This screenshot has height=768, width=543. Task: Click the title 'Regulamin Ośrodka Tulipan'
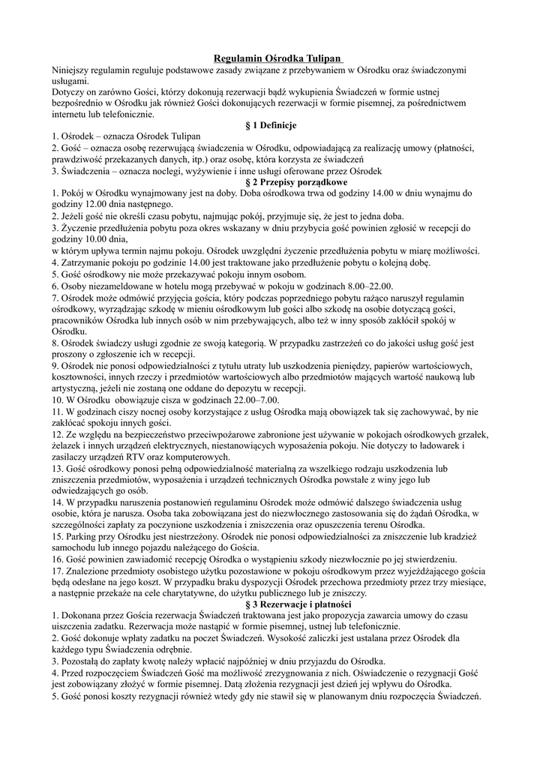click(x=277, y=58)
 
